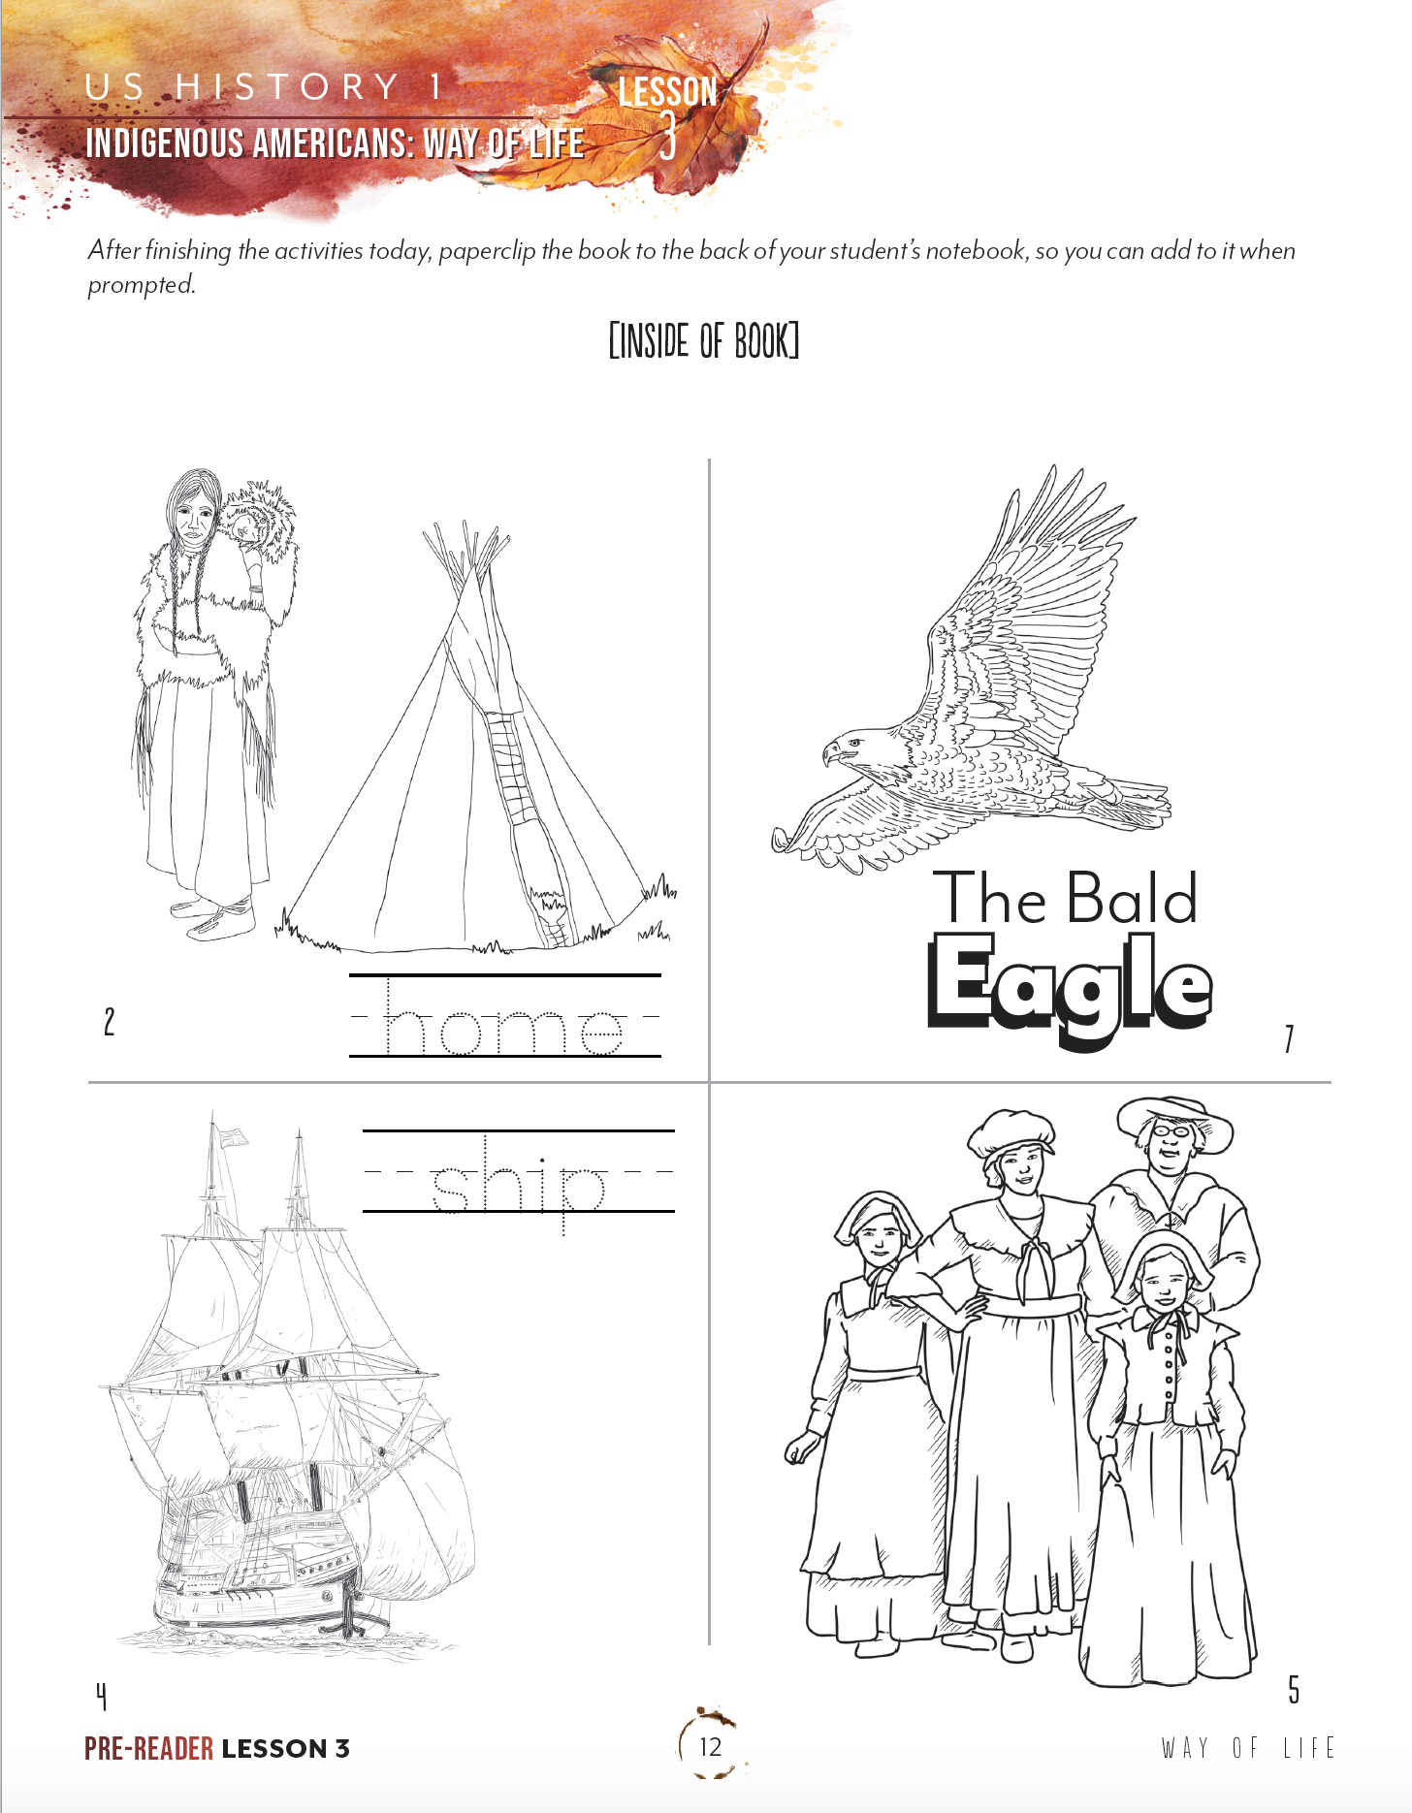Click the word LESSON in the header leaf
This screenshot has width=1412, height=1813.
pos(668,92)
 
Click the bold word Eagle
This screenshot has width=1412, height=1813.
pos(1070,984)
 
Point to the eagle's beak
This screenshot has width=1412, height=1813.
pos(830,752)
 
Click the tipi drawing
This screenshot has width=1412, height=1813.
pos(475,756)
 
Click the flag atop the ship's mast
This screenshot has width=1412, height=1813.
pos(233,1136)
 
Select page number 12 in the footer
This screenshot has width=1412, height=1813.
pos(710,1747)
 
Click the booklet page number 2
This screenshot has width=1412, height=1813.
pos(110,1022)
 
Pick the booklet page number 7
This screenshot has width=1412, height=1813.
pos(1289,1039)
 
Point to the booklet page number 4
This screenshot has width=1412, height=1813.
pos(101,1696)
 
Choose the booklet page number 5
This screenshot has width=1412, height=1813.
pos(1294,1690)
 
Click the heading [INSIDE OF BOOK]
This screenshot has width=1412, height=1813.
pos(704,341)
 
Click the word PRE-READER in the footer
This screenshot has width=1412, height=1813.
pos(148,1749)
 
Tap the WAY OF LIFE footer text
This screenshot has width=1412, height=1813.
pos(1248,1748)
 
